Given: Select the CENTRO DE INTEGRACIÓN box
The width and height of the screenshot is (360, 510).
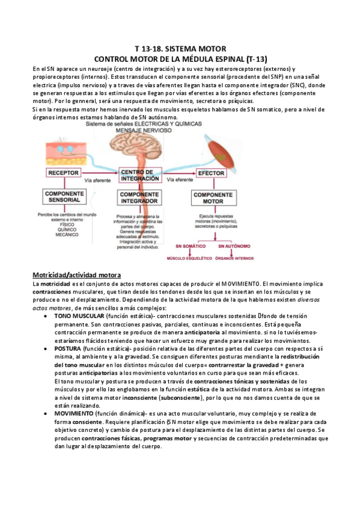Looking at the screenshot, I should (x=139, y=174).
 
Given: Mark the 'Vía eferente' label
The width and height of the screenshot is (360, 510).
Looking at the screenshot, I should (x=180, y=179).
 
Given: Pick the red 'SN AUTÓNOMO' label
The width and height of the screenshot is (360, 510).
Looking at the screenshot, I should (x=235, y=247).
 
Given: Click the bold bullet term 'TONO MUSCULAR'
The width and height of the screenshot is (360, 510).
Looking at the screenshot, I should (x=79, y=316).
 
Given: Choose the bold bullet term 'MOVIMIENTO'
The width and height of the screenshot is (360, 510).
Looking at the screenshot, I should (x=74, y=414).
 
